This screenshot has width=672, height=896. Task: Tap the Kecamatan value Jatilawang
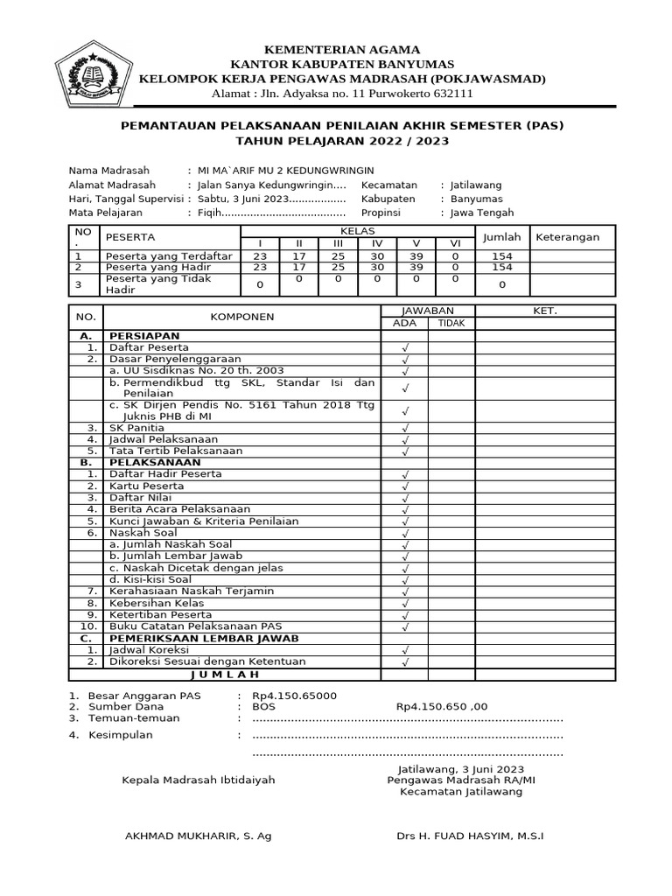click(x=479, y=185)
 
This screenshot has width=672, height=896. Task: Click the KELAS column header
click(x=356, y=230)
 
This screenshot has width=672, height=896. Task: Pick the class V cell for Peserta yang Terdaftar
click(x=416, y=255)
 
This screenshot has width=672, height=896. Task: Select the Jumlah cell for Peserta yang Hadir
click(x=502, y=267)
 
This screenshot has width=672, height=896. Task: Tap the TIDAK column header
click(x=451, y=323)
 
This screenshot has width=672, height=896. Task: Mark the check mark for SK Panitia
click(x=404, y=429)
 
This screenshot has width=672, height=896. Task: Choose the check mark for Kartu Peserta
click(x=404, y=486)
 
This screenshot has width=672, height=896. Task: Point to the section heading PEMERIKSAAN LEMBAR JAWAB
click(x=198, y=638)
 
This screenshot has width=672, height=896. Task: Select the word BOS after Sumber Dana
click(x=263, y=706)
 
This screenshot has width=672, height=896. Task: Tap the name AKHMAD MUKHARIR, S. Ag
click(x=199, y=836)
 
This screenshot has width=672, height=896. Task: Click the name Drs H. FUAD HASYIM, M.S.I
click(x=470, y=836)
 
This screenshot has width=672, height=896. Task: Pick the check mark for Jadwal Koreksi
click(x=404, y=651)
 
